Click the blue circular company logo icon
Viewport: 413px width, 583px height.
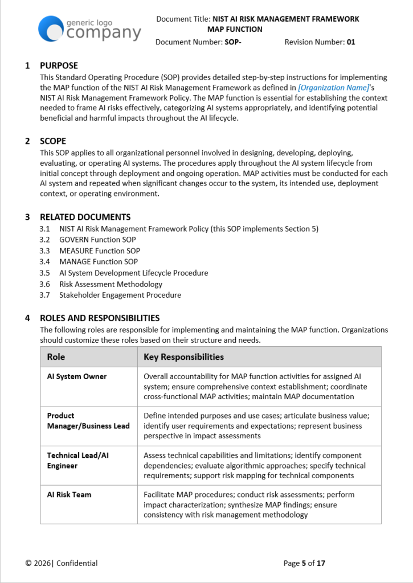pos(50,28)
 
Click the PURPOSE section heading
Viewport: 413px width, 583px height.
pos(59,65)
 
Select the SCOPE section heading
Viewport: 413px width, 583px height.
pos(53,141)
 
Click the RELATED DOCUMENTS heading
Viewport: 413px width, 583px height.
pos(85,217)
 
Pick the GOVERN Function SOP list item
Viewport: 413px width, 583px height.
pos(97,240)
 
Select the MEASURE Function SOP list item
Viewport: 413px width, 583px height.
pos(100,251)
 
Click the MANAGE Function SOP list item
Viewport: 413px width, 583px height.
pos(99,262)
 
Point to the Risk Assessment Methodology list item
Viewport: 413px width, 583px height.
pos(111,284)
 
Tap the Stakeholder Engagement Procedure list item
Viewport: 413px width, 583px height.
pos(120,295)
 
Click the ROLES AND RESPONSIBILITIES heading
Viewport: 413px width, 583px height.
pos(100,318)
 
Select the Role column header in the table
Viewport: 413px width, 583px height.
pos(56,357)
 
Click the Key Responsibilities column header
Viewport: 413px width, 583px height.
pos(183,357)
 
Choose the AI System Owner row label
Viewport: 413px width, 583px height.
pos(77,376)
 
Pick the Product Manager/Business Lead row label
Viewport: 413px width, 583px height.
pos(88,421)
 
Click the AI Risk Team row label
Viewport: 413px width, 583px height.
pos(69,495)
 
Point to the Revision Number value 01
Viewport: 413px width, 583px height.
pos(351,42)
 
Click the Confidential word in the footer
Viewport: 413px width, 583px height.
pos(77,563)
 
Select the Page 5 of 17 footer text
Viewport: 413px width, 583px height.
pos(304,563)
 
